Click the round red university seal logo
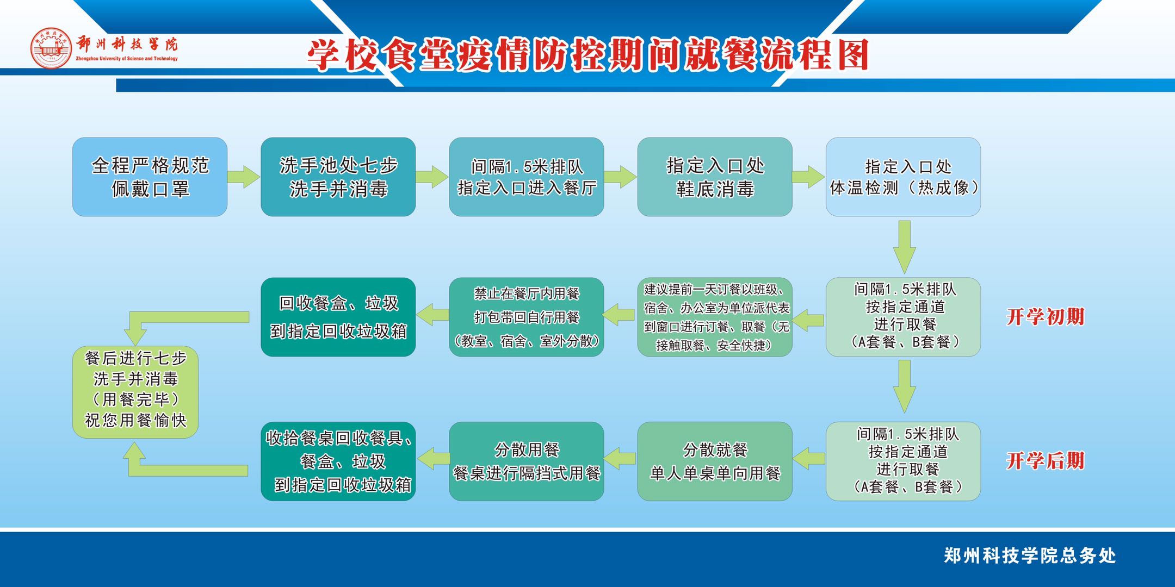[x=51, y=48]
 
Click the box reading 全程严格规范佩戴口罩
[x=150, y=177]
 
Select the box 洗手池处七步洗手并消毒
[x=338, y=177]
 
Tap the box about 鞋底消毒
[x=714, y=177]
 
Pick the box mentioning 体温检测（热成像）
[x=903, y=177]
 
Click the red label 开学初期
[x=1045, y=316]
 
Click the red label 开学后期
[x=1045, y=460]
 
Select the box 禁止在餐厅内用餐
[x=526, y=317]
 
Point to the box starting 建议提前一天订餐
[x=714, y=317]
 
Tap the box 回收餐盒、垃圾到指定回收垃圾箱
[x=338, y=317]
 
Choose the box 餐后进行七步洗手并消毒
[x=135, y=391]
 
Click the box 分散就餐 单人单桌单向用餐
[x=714, y=461]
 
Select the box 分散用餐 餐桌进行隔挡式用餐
[x=526, y=461]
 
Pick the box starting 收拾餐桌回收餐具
[x=338, y=461]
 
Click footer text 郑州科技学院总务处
[x=1029, y=555]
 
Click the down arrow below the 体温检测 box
[x=904, y=246]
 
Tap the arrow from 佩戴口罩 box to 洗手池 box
[x=243, y=177]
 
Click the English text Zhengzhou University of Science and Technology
[x=127, y=59]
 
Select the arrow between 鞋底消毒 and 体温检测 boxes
[x=808, y=177]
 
